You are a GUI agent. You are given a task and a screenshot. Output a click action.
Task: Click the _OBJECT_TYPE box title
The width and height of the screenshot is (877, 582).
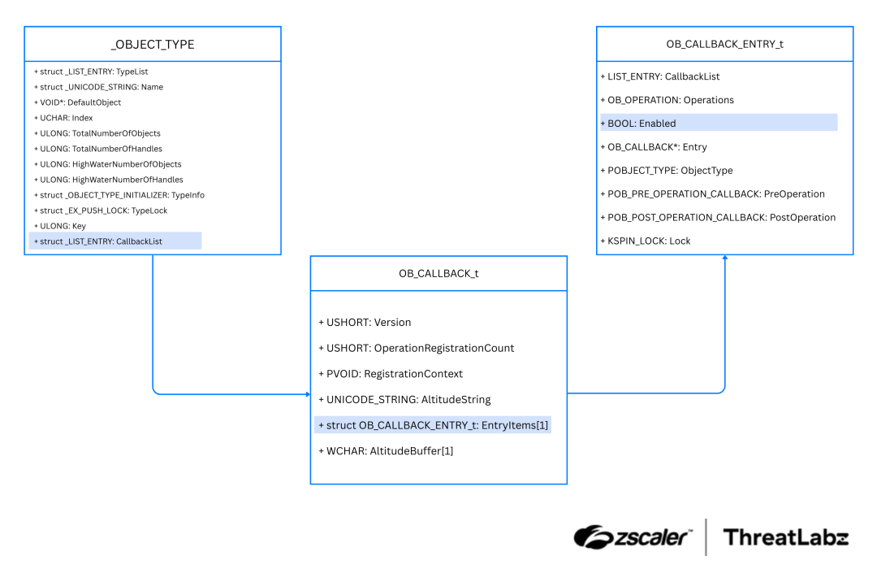pos(153,44)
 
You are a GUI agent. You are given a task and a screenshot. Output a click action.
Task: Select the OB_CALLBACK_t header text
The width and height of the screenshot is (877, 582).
pos(438,273)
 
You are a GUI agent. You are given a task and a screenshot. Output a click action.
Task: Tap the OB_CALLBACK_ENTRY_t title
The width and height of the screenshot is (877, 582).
pos(724,44)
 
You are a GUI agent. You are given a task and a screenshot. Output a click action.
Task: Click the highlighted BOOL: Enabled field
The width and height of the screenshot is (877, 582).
pos(642,124)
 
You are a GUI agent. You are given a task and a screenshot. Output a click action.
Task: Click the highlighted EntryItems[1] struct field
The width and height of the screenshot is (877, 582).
pos(433,425)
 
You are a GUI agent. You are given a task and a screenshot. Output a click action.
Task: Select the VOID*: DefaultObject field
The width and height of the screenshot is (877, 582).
pos(77,102)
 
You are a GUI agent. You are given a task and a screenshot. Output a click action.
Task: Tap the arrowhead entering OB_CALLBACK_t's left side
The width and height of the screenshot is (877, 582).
pos(308,394)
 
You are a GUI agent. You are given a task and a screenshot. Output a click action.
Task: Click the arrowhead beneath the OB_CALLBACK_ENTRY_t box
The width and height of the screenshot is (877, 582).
pos(724,258)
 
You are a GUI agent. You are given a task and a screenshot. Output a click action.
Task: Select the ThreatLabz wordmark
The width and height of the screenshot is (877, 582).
pos(785,537)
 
